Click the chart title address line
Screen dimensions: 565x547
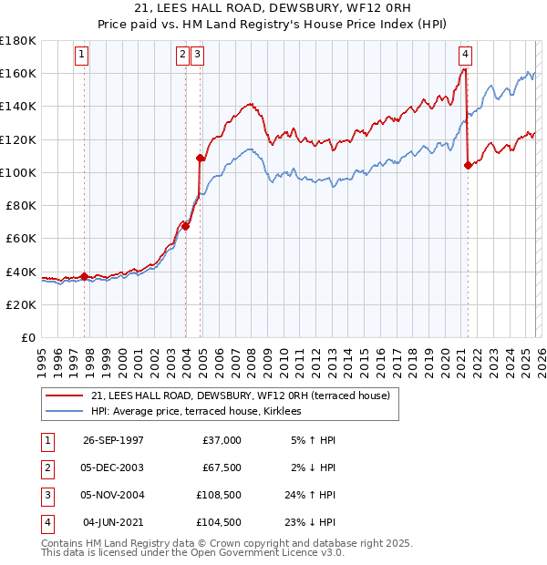pyautogui.click(x=273, y=8)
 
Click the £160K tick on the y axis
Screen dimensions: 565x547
pyautogui.click(x=18, y=73)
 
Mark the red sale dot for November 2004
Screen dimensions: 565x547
pyautogui.click(x=200, y=159)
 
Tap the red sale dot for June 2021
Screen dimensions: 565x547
pyautogui.click(x=468, y=165)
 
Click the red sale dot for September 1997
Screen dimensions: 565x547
pyautogui.click(x=85, y=276)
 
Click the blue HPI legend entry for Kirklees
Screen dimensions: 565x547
pyautogui.click(x=201, y=412)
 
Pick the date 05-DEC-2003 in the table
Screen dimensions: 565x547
pyautogui.click(x=113, y=467)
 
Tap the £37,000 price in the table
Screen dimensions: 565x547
pyautogui.click(x=222, y=440)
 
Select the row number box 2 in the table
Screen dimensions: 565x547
pyautogui.click(x=46, y=467)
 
